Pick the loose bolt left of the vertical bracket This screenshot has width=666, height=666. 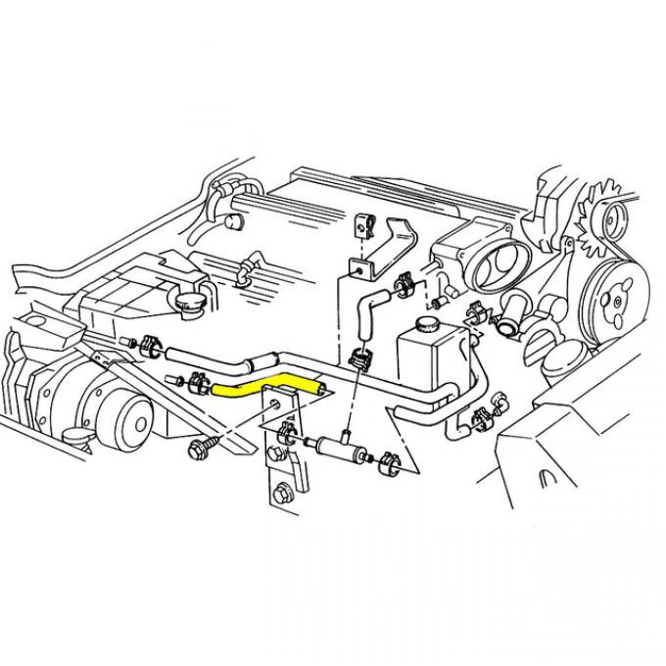click(196, 449)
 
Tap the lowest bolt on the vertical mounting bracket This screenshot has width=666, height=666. click(285, 497)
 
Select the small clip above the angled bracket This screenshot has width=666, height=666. click(363, 227)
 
